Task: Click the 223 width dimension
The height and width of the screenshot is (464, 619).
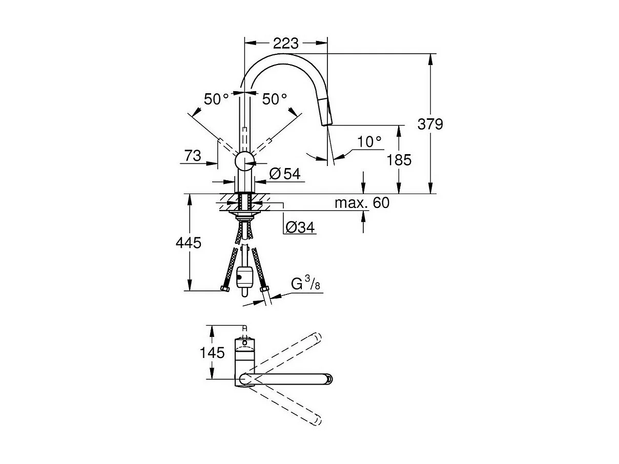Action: tap(285, 44)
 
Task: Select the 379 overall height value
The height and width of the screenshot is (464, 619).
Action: tap(429, 124)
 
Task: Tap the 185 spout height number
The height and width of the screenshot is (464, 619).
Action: tap(399, 160)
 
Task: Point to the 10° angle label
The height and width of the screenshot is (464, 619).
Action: tap(369, 142)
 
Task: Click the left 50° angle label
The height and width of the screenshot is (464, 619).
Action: tap(216, 99)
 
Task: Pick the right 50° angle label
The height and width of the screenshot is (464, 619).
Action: tap(275, 99)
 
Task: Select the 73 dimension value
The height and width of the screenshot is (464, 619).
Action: tap(193, 155)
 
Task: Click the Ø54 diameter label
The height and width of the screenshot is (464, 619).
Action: tap(284, 174)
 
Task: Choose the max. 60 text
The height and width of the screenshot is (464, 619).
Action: tap(362, 203)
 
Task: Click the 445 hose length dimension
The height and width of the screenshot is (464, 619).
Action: tap(188, 243)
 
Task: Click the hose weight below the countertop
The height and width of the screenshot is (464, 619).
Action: tap(244, 277)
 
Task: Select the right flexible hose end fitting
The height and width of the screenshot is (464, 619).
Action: tap(265, 290)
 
